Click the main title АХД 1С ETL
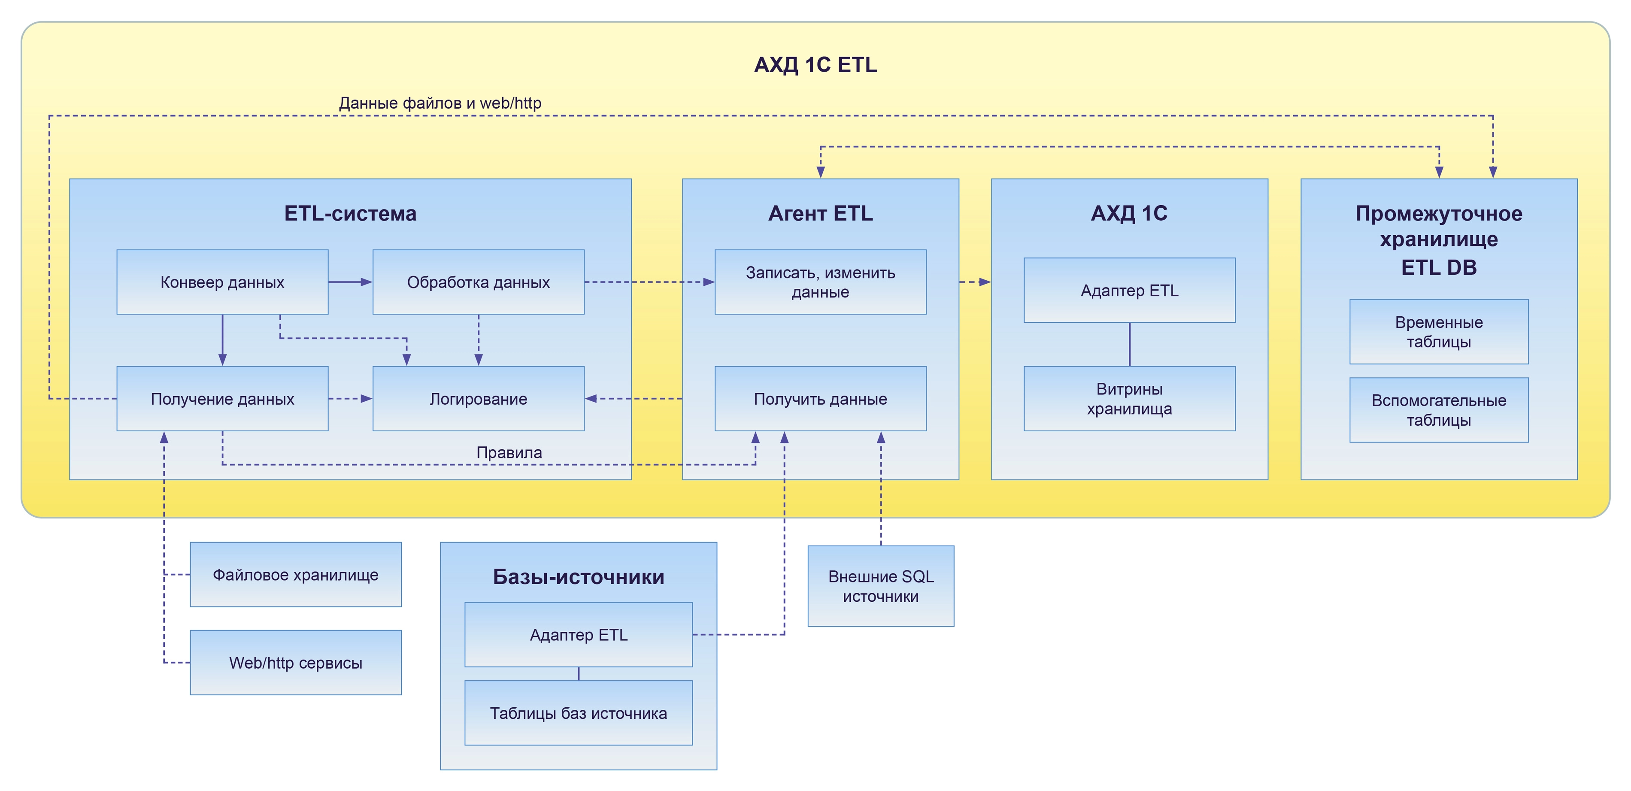click(x=815, y=65)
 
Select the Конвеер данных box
click(x=222, y=282)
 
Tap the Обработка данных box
click(x=478, y=282)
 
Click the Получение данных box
click(x=222, y=398)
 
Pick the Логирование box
click(x=478, y=398)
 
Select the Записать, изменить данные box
click(x=820, y=282)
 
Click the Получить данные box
click(x=820, y=398)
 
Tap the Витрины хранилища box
click(x=1129, y=398)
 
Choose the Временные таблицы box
click(x=1439, y=331)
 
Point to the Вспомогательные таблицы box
click(x=1439, y=410)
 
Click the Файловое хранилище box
click(x=296, y=574)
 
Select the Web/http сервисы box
click(x=296, y=662)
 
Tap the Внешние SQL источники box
click(x=881, y=586)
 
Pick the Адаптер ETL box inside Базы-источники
click(x=578, y=635)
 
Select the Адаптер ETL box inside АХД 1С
click(x=1129, y=290)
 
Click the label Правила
click(x=509, y=452)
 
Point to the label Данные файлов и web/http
click(x=440, y=103)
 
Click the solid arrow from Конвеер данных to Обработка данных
click(x=349, y=282)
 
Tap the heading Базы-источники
click(x=578, y=576)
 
